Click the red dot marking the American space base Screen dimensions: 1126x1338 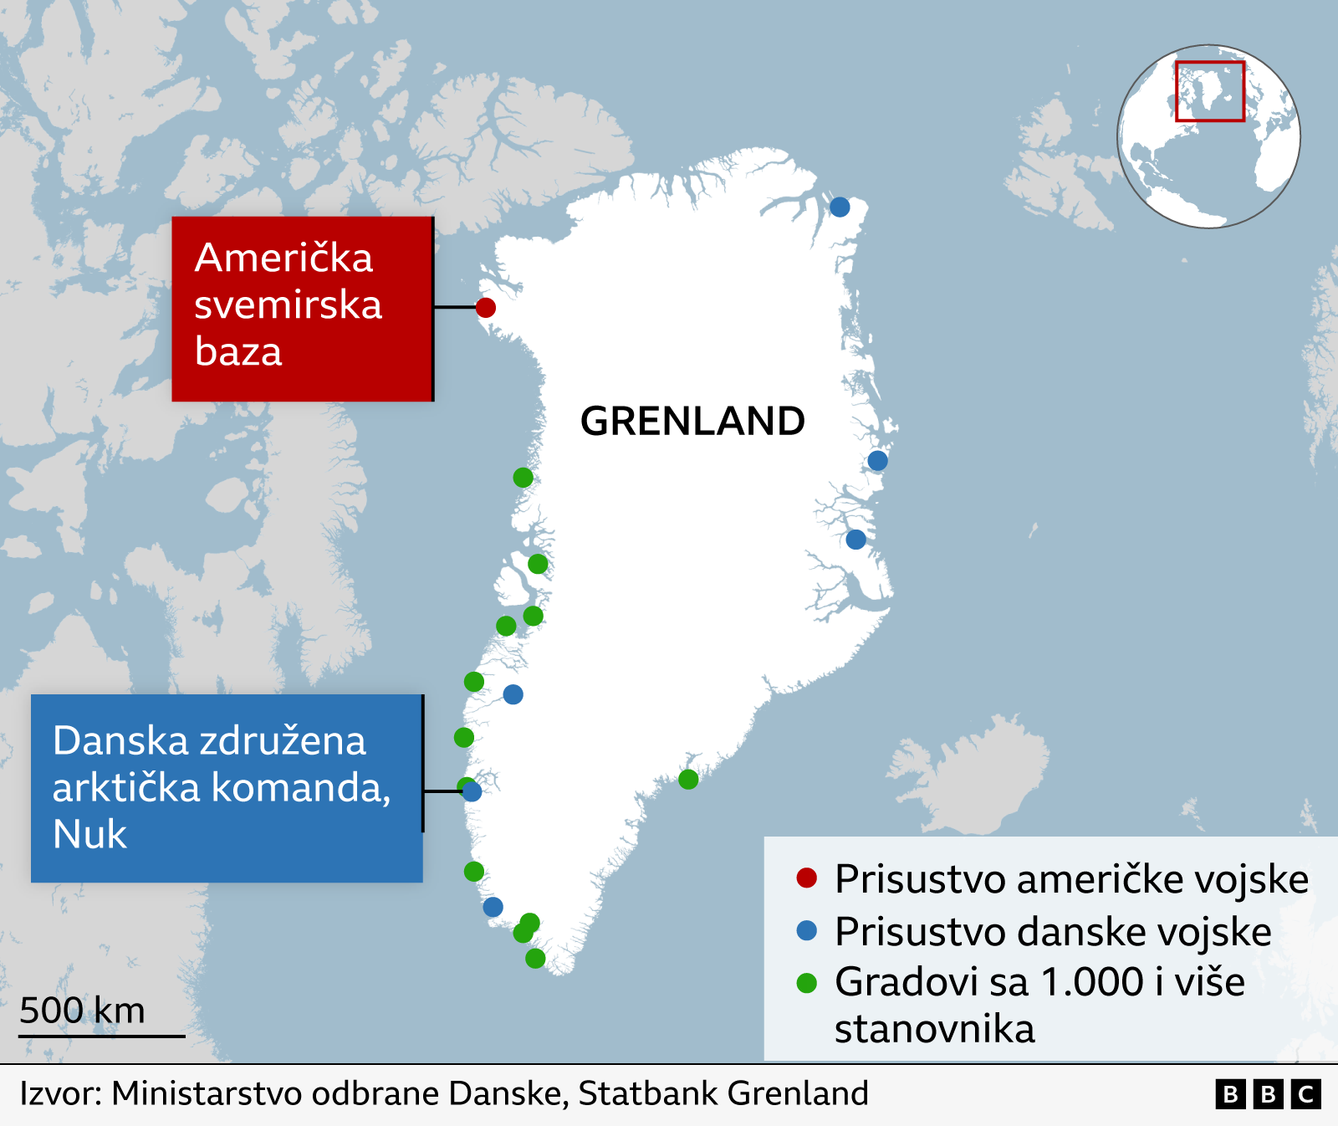click(x=486, y=308)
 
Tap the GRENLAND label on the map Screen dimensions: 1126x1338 click(x=692, y=421)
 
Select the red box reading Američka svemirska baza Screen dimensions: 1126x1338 click(x=302, y=309)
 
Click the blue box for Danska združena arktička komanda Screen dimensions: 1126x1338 click(x=227, y=788)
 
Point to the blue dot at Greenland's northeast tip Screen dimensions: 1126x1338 click(x=840, y=207)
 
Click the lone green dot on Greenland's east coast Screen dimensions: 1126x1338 click(x=688, y=780)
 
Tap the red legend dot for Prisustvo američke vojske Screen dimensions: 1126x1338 click(x=806, y=878)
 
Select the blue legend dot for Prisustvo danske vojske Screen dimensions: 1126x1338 click(x=806, y=930)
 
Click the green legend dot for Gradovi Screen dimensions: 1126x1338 click(x=806, y=983)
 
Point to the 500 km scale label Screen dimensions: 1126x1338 click(x=82, y=1011)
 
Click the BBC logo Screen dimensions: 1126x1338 click(x=1268, y=1094)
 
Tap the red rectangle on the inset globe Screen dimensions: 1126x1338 click(x=1209, y=91)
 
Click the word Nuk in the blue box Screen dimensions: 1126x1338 click(x=89, y=834)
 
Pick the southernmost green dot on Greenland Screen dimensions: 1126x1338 click(x=535, y=959)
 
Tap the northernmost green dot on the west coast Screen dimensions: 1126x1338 click(x=523, y=478)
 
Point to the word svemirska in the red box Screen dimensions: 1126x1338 click(x=288, y=305)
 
